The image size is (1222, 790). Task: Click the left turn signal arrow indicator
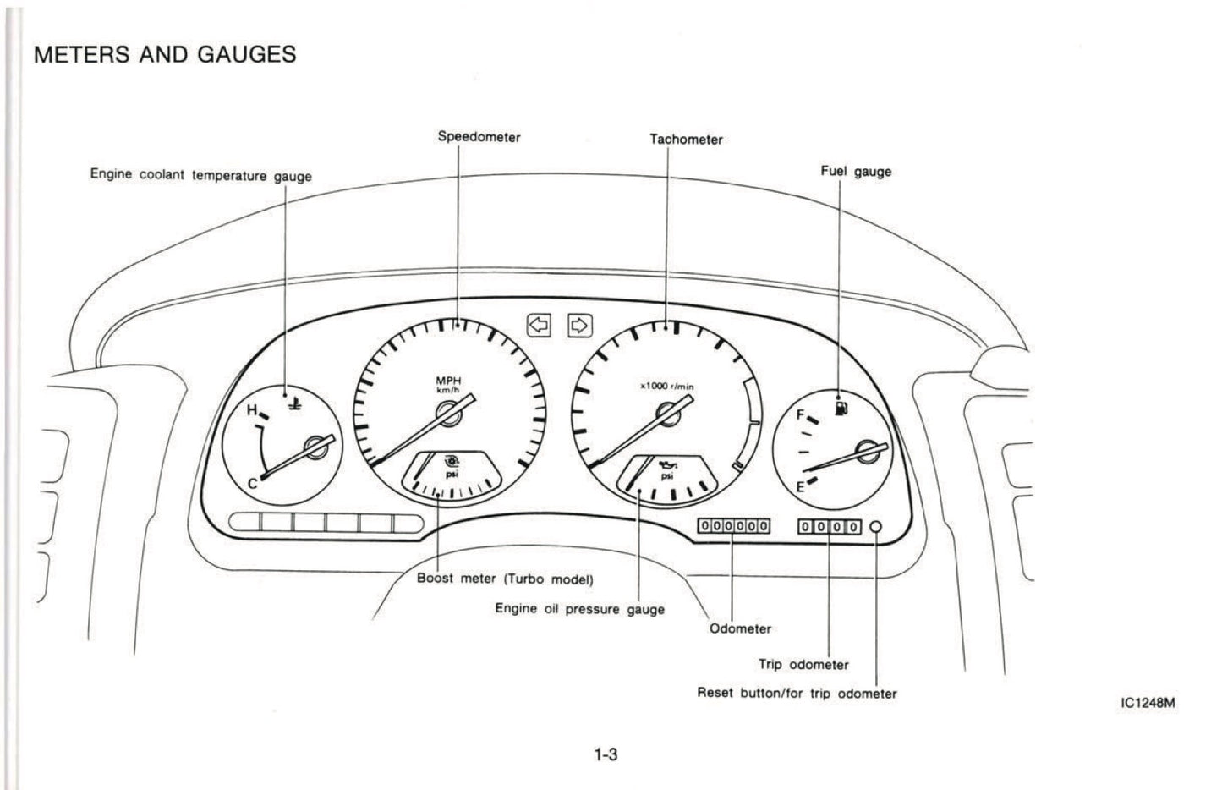pyautogui.click(x=539, y=325)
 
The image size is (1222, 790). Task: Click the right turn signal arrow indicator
pyautogui.click(x=579, y=325)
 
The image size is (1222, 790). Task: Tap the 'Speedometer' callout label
pyautogui.click(x=479, y=136)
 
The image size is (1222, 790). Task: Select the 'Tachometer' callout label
pyautogui.click(x=686, y=140)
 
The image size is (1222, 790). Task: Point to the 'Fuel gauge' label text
pyautogui.click(x=856, y=171)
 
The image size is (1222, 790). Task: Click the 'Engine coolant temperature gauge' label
pyautogui.click(x=200, y=176)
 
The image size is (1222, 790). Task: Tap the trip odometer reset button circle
pyautogui.click(x=876, y=527)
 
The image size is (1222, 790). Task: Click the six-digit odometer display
pyautogui.click(x=733, y=526)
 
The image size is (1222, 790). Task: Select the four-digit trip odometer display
pyautogui.click(x=829, y=527)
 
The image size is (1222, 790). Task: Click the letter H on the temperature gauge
pyautogui.click(x=251, y=411)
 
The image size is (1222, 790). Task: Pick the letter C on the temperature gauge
pyautogui.click(x=252, y=484)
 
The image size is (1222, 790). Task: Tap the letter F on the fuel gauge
pyautogui.click(x=800, y=415)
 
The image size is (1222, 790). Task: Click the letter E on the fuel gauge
pyautogui.click(x=800, y=486)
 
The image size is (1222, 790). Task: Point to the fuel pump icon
pyautogui.click(x=841, y=409)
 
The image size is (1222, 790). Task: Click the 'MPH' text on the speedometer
pyautogui.click(x=448, y=381)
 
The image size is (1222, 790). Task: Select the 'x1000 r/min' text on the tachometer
pyautogui.click(x=666, y=387)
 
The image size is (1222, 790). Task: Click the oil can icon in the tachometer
pyautogui.click(x=667, y=464)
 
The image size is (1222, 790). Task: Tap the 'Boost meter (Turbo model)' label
pyautogui.click(x=505, y=579)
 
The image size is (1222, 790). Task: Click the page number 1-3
pyautogui.click(x=606, y=754)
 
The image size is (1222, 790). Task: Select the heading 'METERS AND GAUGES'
pyautogui.click(x=165, y=55)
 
